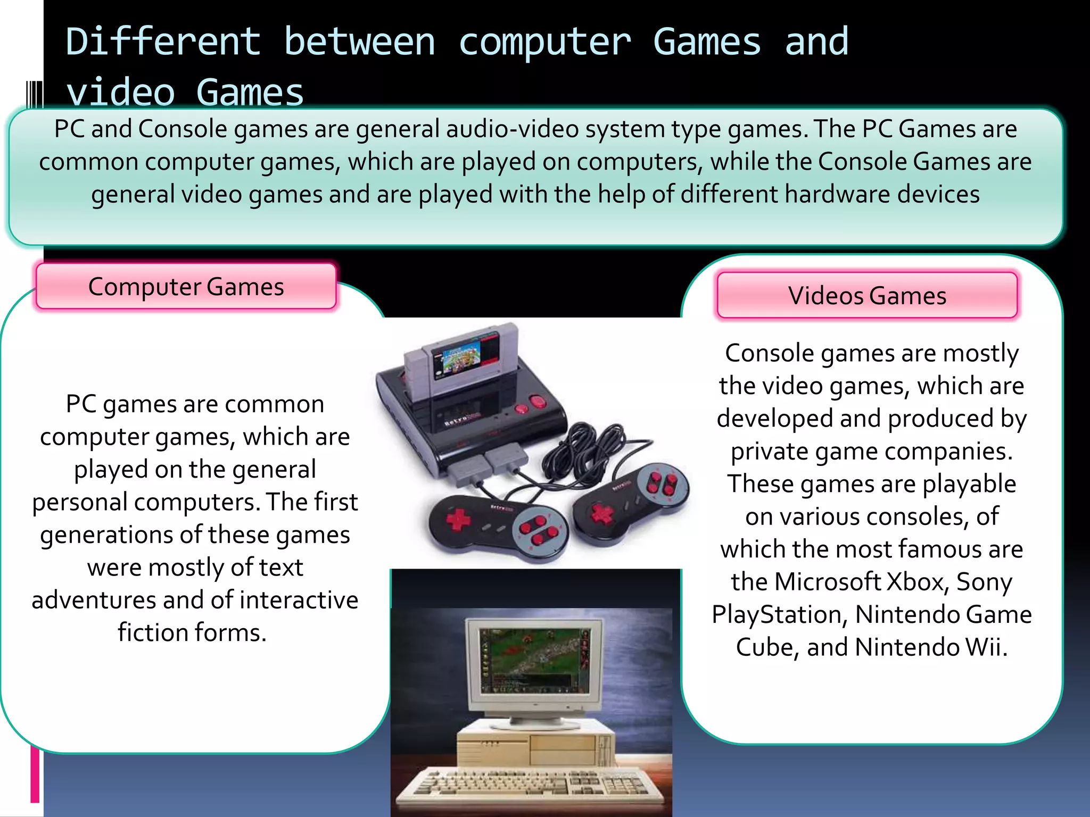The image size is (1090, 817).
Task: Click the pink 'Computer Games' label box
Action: (x=186, y=287)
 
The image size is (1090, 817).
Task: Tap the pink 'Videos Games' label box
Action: (x=867, y=296)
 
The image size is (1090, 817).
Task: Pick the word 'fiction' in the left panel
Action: (x=153, y=632)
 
